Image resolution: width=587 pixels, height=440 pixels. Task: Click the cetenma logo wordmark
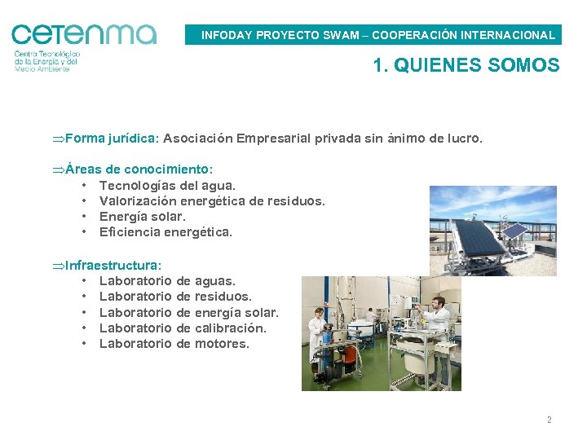(x=83, y=33)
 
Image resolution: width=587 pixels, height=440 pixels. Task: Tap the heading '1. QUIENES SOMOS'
(x=466, y=65)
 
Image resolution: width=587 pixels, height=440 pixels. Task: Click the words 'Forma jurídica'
(x=111, y=139)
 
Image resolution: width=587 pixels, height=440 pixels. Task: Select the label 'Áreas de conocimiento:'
(x=139, y=169)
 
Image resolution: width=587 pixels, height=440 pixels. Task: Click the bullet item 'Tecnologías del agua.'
(x=167, y=186)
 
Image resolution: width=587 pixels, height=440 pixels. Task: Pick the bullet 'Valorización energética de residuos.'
(x=212, y=201)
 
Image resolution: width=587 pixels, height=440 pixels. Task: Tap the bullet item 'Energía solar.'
(x=143, y=217)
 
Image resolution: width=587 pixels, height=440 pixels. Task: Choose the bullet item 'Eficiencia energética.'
(x=166, y=232)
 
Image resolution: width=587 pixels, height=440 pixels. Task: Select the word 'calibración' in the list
(x=231, y=328)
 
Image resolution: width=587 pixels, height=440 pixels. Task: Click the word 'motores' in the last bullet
(x=222, y=344)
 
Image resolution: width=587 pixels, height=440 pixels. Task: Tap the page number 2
(x=549, y=420)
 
